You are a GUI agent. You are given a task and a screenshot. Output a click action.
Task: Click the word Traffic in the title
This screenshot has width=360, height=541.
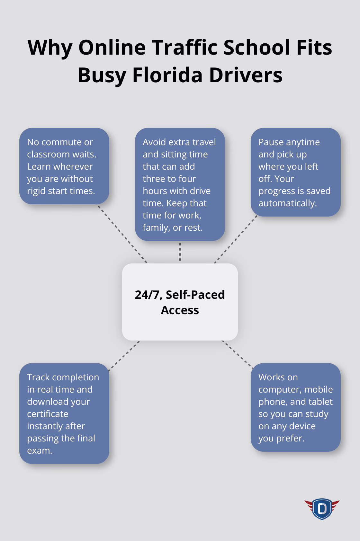(184, 47)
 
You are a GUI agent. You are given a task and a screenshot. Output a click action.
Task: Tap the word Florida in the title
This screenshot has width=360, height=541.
(167, 75)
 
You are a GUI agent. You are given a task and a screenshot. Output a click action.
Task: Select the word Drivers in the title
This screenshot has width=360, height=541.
(246, 75)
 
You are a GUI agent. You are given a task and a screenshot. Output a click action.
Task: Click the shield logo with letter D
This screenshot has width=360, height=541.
(322, 509)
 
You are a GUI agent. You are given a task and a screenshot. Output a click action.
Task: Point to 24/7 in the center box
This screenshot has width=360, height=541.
(148, 295)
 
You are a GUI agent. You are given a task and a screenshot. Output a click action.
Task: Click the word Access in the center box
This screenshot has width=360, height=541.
(180, 310)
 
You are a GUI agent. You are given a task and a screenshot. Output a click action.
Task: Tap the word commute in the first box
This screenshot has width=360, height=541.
(62, 142)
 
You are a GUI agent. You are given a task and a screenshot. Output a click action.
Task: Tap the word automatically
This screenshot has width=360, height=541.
(287, 203)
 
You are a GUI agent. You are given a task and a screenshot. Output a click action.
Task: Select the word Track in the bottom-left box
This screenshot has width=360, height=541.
(38, 377)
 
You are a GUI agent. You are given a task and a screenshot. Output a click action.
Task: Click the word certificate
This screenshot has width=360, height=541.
(48, 414)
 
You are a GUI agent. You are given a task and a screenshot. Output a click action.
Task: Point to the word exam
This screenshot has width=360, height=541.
(40, 451)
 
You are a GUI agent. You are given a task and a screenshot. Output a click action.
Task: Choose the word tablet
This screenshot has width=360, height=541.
(322, 402)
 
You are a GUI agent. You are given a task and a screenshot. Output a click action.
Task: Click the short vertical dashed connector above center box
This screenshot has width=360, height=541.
(180, 252)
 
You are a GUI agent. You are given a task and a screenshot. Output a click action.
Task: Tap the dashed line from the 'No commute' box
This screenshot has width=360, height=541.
(122, 234)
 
